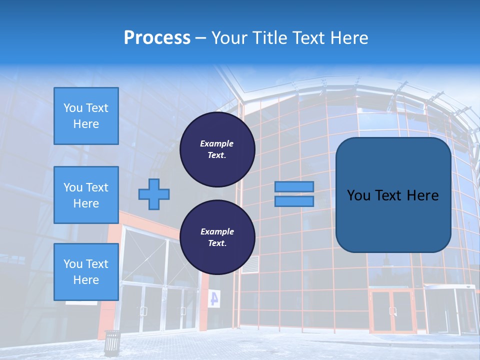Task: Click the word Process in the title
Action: [x=157, y=38]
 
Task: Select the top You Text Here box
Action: [x=86, y=116]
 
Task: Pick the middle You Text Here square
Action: [x=86, y=195]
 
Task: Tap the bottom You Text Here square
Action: [x=86, y=271]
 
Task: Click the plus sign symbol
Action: [x=153, y=194]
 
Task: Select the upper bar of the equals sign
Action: [x=294, y=186]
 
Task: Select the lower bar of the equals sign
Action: [x=294, y=201]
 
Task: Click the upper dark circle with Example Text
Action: [x=217, y=149]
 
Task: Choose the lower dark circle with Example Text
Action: [x=217, y=237]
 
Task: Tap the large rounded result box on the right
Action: [x=393, y=195]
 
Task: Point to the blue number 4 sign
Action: [x=214, y=298]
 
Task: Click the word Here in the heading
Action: [x=348, y=38]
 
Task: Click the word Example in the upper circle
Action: [x=216, y=143]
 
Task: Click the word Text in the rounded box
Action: [x=385, y=195]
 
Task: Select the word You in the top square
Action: [x=72, y=108]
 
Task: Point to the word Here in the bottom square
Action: [x=86, y=280]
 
